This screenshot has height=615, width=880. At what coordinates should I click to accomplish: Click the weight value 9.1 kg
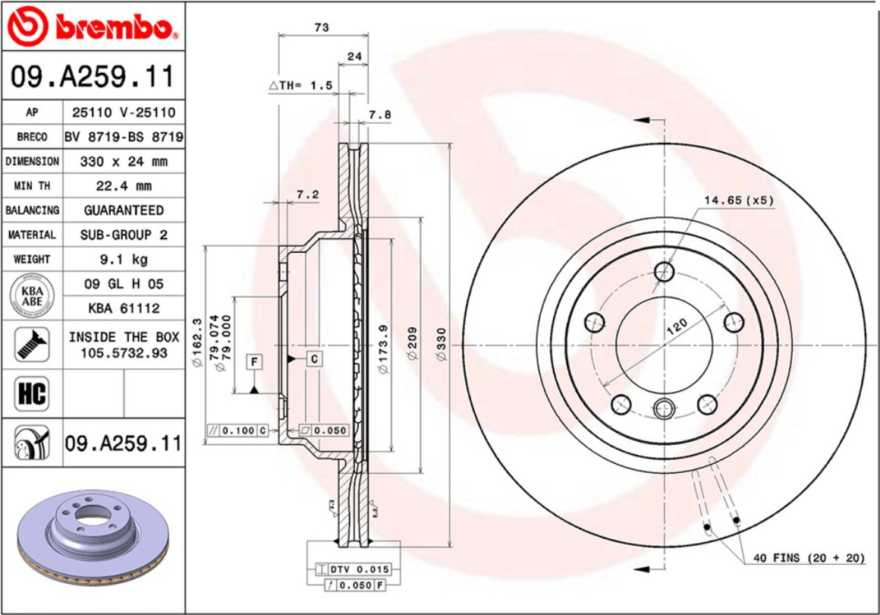click(124, 260)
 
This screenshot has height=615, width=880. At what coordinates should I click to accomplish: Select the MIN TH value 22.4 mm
click(124, 186)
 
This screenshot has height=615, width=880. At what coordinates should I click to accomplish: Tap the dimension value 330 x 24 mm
click(124, 162)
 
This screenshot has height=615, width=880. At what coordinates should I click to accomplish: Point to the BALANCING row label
click(32, 210)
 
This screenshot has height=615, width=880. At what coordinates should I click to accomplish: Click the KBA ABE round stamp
click(32, 296)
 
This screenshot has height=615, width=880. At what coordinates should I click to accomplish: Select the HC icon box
click(32, 394)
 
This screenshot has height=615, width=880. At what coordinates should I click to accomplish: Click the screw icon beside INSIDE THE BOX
click(32, 345)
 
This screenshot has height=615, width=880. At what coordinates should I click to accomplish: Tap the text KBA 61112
click(124, 309)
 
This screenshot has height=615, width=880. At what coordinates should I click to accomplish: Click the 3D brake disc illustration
click(91, 539)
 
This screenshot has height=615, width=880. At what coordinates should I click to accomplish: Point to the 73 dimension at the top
click(322, 27)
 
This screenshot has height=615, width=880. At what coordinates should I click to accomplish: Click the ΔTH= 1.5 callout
click(301, 86)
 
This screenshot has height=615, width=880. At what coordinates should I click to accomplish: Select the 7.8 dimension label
click(379, 115)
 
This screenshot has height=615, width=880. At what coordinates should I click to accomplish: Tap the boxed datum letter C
click(313, 358)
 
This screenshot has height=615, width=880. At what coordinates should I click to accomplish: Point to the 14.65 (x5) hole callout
click(738, 200)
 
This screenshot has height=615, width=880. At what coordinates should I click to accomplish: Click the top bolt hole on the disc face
click(665, 271)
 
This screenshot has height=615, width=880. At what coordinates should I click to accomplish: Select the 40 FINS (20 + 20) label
click(809, 558)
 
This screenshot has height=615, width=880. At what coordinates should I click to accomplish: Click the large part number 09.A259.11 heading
click(93, 77)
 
